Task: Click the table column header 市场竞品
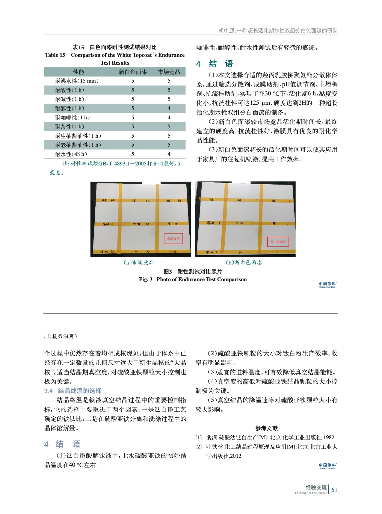click(169, 72)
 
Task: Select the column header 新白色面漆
click(133, 72)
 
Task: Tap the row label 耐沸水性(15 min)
click(76, 81)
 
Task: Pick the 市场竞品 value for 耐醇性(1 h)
click(169, 108)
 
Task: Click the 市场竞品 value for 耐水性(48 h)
click(169, 154)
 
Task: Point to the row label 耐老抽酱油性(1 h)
click(78, 145)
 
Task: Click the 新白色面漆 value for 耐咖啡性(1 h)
click(133, 118)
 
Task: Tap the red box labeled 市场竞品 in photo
click(173, 239)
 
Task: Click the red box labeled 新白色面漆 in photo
click(278, 242)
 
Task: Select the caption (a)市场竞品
click(139, 262)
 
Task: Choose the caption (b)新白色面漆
click(244, 262)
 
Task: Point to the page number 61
click(334, 490)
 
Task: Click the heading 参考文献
click(266, 428)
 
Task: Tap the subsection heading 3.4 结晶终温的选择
click(73, 391)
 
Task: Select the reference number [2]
click(198, 447)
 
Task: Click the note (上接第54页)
click(60, 336)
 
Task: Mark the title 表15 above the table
click(78, 47)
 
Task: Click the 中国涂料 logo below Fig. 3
click(327, 285)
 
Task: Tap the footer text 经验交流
click(316, 487)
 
